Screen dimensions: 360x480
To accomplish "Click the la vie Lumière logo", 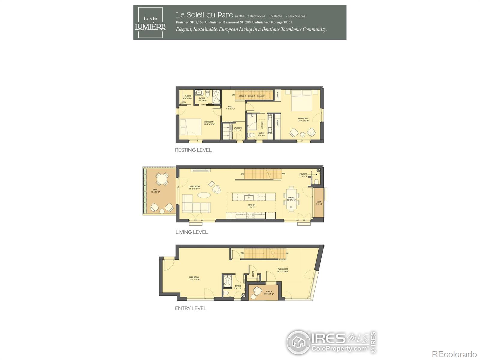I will (150, 23).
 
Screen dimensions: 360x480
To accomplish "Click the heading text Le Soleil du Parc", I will (204, 15).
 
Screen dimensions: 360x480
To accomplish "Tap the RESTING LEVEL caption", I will (193, 150).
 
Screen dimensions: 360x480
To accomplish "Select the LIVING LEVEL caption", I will (192, 232).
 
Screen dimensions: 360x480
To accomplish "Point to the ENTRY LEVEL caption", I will (191, 308).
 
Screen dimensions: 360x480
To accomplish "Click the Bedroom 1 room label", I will (209, 123).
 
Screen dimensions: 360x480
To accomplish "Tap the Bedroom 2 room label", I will (303, 119).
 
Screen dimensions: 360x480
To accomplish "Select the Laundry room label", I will (238, 129).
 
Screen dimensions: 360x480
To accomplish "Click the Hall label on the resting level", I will (230, 107).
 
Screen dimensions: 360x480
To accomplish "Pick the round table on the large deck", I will (162, 180).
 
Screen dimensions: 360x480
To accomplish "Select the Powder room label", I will (303, 175).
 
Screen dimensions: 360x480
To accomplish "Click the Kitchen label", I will (251, 206).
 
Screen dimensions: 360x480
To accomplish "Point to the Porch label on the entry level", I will (269, 292).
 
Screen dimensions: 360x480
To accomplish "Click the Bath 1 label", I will (238, 287).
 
